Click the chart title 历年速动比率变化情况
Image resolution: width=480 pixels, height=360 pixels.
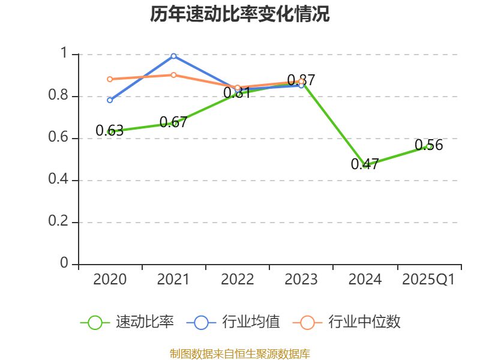click(x=240, y=14)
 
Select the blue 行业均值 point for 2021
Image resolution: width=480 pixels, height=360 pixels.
click(x=174, y=56)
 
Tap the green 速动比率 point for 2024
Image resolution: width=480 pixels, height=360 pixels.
click(x=365, y=165)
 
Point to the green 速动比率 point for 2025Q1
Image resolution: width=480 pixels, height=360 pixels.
click(x=429, y=146)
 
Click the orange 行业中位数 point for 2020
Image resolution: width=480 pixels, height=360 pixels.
click(x=110, y=79)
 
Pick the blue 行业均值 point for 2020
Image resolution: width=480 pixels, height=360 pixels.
click(x=110, y=100)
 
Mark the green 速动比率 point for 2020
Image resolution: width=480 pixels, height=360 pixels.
click(x=110, y=131)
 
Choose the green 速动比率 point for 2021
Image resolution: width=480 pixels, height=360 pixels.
click(x=174, y=123)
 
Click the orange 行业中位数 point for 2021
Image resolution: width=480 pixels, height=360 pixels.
click(x=174, y=75)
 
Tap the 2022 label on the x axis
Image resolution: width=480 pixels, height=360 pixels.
click(x=238, y=280)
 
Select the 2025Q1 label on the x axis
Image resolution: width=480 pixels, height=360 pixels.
click(x=428, y=280)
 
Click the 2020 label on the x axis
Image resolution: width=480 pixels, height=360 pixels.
click(x=110, y=280)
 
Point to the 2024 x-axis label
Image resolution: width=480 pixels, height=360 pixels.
click(x=365, y=280)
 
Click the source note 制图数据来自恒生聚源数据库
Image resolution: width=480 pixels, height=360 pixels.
click(x=240, y=353)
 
